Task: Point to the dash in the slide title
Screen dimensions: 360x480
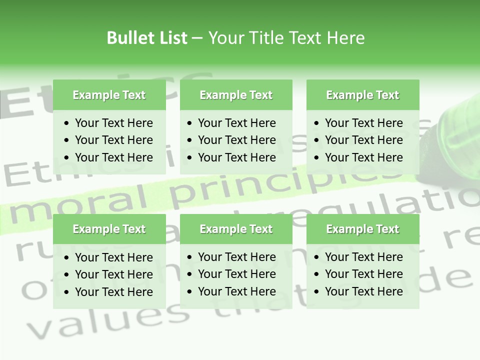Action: point(197,38)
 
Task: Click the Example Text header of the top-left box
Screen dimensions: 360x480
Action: point(109,95)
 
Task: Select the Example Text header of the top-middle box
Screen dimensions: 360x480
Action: point(236,95)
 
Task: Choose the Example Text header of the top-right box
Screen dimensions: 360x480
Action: point(362,95)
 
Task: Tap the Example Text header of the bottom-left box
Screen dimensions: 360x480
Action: point(109,229)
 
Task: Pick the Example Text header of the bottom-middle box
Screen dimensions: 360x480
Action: point(236,229)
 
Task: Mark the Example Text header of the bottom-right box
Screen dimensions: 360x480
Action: point(362,229)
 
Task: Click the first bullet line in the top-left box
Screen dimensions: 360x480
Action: point(113,123)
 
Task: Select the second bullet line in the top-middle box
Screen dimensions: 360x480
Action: point(236,140)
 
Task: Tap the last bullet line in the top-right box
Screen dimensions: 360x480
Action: point(363,157)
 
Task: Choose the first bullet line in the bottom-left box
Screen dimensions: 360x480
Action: point(113,257)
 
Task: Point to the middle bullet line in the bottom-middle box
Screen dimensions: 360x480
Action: point(236,274)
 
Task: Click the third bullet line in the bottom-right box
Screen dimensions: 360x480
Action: point(363,291)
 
